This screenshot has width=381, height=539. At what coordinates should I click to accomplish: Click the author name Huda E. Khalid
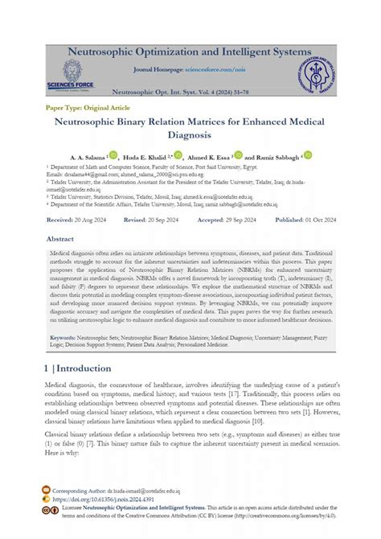click(147, 157)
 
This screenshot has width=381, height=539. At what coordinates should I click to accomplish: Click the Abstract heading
click(60, 239)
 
